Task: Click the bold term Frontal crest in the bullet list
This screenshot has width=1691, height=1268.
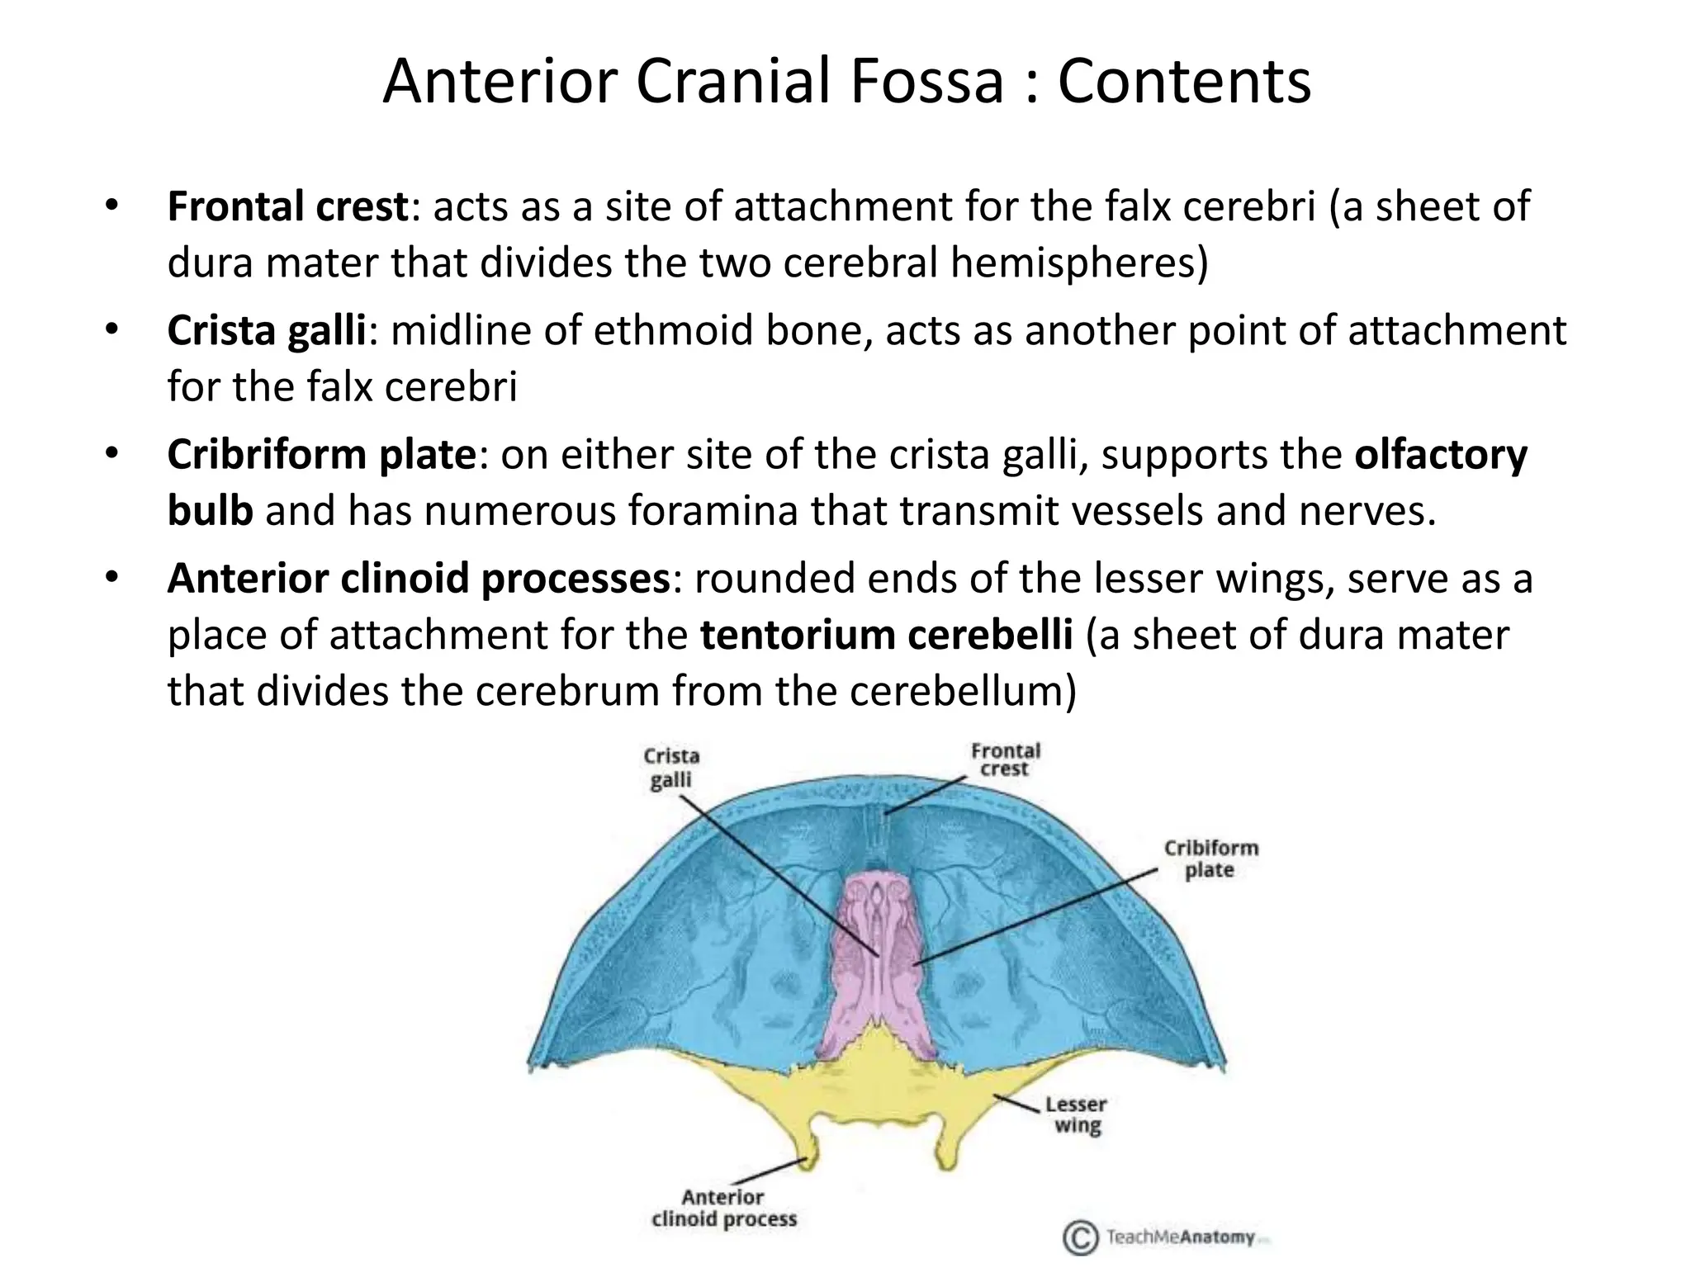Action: click(x=287, y=206)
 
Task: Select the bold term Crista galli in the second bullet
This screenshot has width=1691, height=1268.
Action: click(x=267, y=330)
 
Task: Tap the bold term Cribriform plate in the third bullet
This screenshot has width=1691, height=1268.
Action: click(x=322, y=454)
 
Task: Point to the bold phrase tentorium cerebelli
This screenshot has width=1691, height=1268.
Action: click(x=886, y=635)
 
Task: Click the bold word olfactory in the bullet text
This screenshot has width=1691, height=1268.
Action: click(x=1441, y=454)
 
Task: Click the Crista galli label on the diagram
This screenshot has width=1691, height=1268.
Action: click(x=671, y=768)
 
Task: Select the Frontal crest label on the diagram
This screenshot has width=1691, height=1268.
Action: click(x=1005, y=759)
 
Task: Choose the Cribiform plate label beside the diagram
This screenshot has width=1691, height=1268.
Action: click(x=1210, y=859)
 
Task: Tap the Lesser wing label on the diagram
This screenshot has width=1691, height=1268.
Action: click(x=1076, y=1115)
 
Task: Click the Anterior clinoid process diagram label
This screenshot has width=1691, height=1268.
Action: click(x=724, y=1208)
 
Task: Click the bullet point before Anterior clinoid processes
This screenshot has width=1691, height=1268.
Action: click(x=111, y=576)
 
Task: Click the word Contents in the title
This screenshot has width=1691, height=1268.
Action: click(x=1184, y=82)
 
